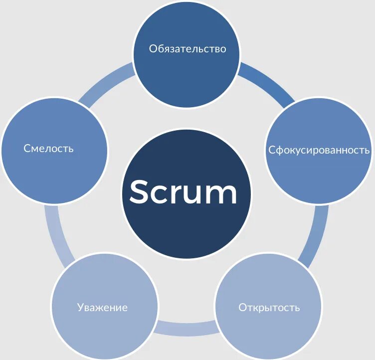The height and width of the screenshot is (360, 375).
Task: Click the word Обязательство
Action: tap(187, 48)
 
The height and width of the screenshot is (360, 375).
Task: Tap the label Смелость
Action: tap(48, 148)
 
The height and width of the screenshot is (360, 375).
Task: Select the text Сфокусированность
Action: tap(319, 150)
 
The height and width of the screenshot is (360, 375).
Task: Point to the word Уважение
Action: tap(102, 307)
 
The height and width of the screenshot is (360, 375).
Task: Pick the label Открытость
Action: tap(269, 307)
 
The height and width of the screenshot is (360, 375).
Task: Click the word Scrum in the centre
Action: tap(184, 192)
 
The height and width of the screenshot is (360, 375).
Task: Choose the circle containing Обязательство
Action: tap(187, 75)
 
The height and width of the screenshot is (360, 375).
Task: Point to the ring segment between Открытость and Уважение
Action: tap(186, 328)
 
